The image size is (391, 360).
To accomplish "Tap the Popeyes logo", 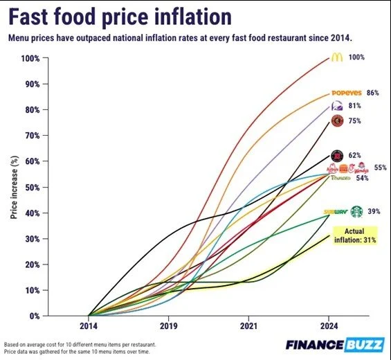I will (x=346, y=93).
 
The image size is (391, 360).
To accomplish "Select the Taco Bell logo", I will (x=337, y=107).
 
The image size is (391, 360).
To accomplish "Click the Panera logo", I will (x=341, y=179).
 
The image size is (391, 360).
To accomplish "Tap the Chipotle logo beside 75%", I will (x=337, y=121).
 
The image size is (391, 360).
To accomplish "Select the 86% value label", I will (x=373, y=93).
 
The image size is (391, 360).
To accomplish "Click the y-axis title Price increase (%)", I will (x=14, y=187).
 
